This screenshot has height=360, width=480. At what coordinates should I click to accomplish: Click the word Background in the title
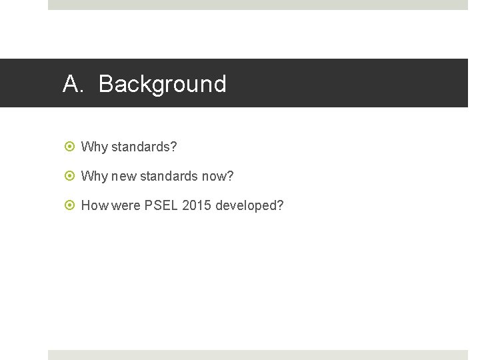[x=163, y=85]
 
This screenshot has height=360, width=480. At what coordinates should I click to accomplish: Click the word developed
[x=246, y=205]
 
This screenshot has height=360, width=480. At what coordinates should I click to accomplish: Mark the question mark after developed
[x=280, y=205]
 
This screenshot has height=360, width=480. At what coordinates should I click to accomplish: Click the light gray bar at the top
[x=257, y=5]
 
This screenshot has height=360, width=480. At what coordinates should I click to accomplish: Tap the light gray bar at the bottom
[x=257, y=355]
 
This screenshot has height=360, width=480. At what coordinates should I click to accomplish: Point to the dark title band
[x=347, y=83]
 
